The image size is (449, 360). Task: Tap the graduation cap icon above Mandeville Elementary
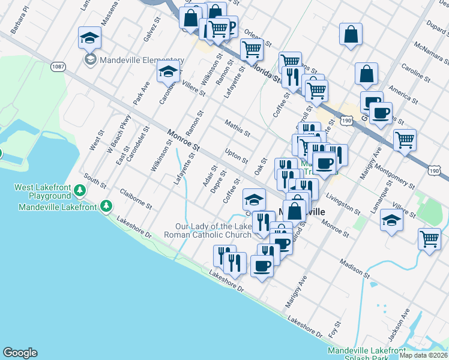tap(89, 38)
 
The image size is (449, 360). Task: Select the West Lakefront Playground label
tap(43, 192)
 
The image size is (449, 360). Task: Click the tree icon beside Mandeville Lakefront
tap(106, 206)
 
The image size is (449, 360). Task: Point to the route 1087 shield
tap(58, 67)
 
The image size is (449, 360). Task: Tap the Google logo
tap(20, 353)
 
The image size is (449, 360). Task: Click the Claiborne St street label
tap(136, 199)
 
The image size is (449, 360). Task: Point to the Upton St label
tap(236, 156)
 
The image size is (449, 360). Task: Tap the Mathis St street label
tap(237, 128)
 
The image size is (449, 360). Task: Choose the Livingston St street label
tap(343, 204)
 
